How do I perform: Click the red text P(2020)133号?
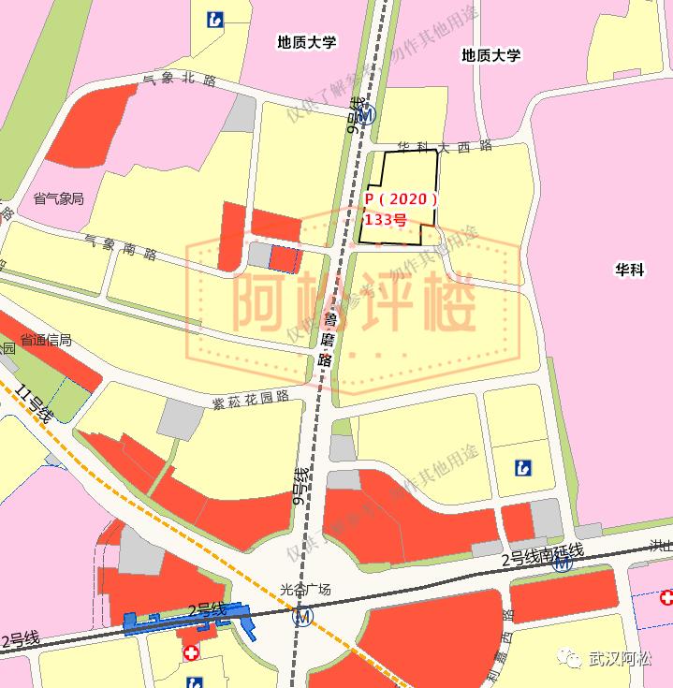point(400,210)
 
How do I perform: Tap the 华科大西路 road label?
point(445,147)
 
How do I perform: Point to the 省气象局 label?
point(58,198)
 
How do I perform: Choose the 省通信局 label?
point(46,341)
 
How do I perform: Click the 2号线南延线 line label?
point(543,554)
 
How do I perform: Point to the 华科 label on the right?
point(630,271)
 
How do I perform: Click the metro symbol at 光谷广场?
point(302,617)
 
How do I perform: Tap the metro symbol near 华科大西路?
point(368,115)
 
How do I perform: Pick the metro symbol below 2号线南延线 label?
point(563,564)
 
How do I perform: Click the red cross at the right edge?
point(666,597)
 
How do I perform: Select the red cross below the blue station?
point(190,651)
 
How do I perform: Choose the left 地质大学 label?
point(307,41)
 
